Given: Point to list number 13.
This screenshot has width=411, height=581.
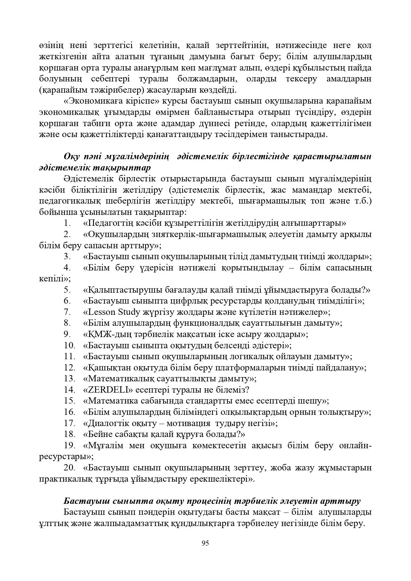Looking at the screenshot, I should click(70, 378).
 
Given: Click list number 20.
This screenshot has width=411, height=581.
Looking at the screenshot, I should click(70, 468).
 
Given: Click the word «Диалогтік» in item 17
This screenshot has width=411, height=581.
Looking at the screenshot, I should click(107, 423).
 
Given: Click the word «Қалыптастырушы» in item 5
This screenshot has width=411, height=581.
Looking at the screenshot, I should click(123, 290).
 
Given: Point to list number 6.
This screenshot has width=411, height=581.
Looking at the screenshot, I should click(68, 301).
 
